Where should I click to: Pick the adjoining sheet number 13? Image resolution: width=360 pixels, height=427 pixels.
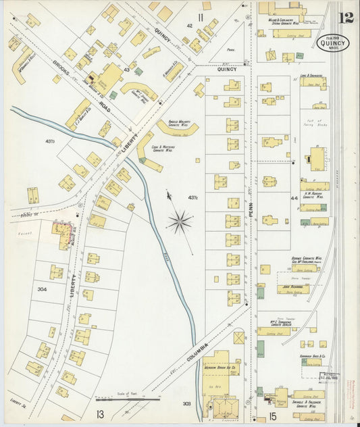click(x=100, y=414)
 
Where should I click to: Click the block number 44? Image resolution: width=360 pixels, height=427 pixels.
click(x=294, y=198)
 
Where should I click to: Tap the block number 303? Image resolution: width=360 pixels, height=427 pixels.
click(x=186, y=403)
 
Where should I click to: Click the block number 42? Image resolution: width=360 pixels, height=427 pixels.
click(x=190, y=26)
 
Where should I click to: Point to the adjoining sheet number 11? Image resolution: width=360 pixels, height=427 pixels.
click(x=201, y=16)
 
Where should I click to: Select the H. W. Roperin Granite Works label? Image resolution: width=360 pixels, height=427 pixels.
click(x=315, y=194)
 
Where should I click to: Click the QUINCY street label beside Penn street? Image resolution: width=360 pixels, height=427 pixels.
click(x=227, y=69)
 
